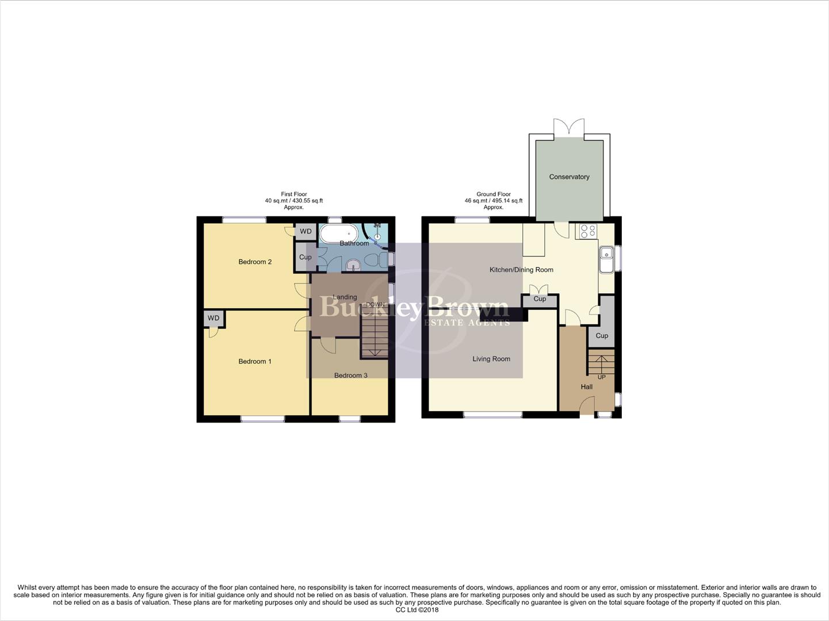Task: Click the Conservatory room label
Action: click(x=569, y=177)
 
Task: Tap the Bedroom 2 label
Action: click(x=255, y=262)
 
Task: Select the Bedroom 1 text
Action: click(x=255, y=361)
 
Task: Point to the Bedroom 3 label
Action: click(x=350, y=375)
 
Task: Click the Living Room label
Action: click(x=491, y=359)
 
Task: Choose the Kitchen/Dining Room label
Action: click(x=521, y=270)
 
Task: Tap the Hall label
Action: click(x=586, y=386)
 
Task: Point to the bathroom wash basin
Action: click(x=353, y=264)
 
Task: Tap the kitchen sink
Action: click(x=606, y=259)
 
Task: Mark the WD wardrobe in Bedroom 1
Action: click(x=213, y=318)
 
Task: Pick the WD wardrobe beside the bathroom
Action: click(x=305, y=231)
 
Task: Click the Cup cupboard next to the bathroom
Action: click(x=305, y=257)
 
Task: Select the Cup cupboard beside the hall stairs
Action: click(x=602, y=335)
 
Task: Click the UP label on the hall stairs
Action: click(x=602, y=377)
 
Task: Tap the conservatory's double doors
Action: click(x=569, y=128)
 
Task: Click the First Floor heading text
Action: click(x=294, y=194)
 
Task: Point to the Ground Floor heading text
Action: click(x=494, y=194)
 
